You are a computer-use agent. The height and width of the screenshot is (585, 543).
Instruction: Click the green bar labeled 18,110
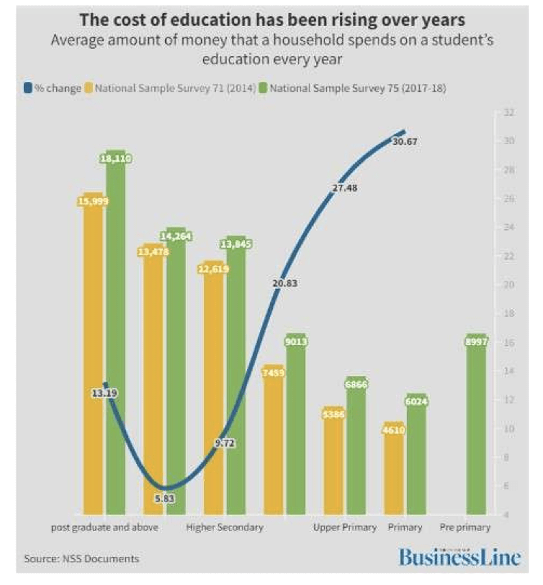pyautogui.click(x=116, y=335)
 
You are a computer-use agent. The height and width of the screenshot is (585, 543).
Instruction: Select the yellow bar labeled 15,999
pyautogui.click(x=93, y=357)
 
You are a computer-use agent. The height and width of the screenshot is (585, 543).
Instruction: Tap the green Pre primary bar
pyautogui.click(x=476, y=429)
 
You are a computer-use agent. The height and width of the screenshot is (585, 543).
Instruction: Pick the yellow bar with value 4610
pyautogui.click(x=394, y=472)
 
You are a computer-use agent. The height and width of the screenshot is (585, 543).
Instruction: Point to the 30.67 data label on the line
pyautogui.click(x=405, y=142)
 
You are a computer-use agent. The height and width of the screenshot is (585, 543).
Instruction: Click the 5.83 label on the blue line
pyautogui.click(x=165, y=499)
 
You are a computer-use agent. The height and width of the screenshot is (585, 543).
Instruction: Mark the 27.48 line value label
pyautogui.click(x=345, y=188)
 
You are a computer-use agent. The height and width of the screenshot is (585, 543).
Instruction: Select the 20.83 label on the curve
pyautogui.click(x=285, y=283)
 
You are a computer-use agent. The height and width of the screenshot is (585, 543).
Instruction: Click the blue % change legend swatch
pyautogui.click(x=28, y=88)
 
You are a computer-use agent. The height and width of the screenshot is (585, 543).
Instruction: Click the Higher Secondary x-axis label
pyautogui.click(x=225, y=527)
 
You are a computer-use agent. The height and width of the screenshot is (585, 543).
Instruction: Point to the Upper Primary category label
pyautogui.click(x=345, y=527)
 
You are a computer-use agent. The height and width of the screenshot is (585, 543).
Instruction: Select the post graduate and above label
pyautogui.click(x=104, y=527)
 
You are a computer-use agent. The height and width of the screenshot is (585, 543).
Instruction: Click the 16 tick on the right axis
pyautogui.click(x=508, y=342)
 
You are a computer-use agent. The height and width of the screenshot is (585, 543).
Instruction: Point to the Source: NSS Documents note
pyautogui.click(x=81, y=559)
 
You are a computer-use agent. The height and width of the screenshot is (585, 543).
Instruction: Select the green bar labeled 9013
pyautogui.click(x=296, y=429)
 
